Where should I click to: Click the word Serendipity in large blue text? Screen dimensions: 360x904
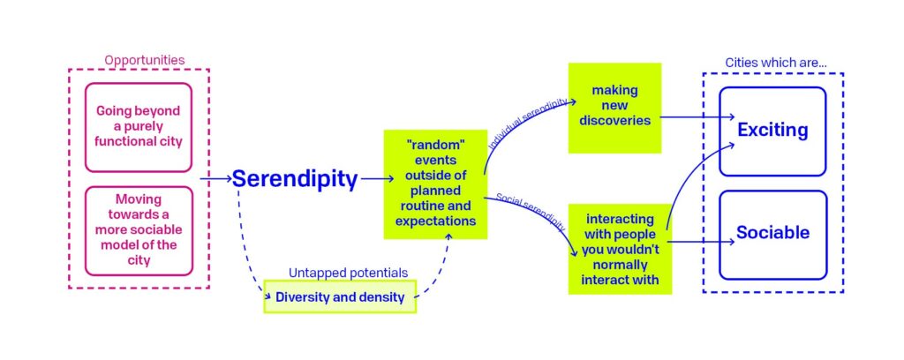click(x=294, y=180)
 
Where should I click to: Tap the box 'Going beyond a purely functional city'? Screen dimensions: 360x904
click(x=138, y=127)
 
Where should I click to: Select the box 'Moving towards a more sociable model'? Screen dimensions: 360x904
click(x=138, y=229)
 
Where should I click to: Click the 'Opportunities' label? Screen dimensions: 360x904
click(x=145, y=60)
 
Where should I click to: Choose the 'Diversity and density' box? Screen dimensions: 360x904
click(x=340, y=297)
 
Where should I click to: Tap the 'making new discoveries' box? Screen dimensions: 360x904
click(x=614, y=106)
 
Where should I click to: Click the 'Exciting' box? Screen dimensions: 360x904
click(x=772, y=131)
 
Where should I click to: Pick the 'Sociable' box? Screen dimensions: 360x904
click(x=772, y=233)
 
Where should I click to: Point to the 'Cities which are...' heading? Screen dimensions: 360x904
click(x=764, y=63)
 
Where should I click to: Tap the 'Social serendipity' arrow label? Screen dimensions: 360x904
click(x=526, y=205)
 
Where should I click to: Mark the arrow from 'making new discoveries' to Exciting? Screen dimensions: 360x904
click(x=697, y=116)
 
